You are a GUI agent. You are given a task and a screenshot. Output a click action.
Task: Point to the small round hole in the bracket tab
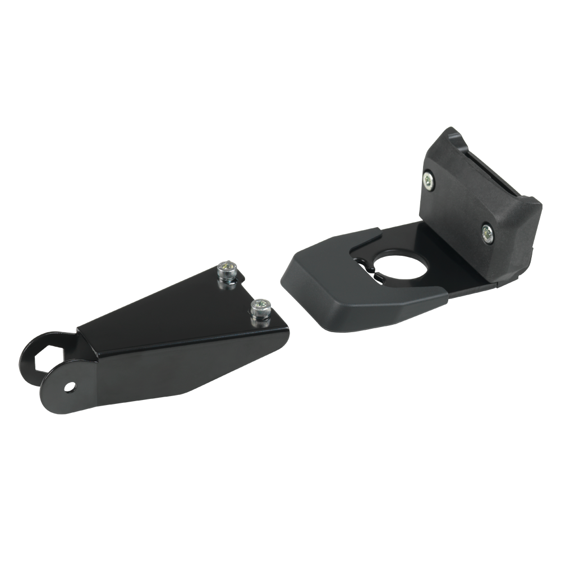pos(70,387)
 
